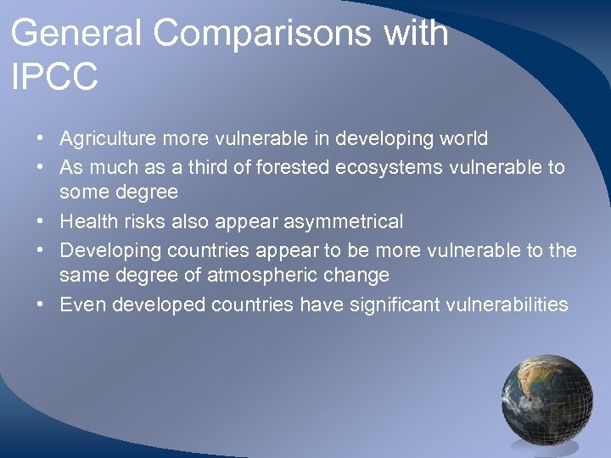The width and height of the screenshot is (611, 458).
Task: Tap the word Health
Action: (84, 221)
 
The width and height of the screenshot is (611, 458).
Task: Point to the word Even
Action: (80, 304)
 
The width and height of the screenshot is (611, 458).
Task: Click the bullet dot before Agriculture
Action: (41, 138)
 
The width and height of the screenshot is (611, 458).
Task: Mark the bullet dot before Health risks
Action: (41, 222)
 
